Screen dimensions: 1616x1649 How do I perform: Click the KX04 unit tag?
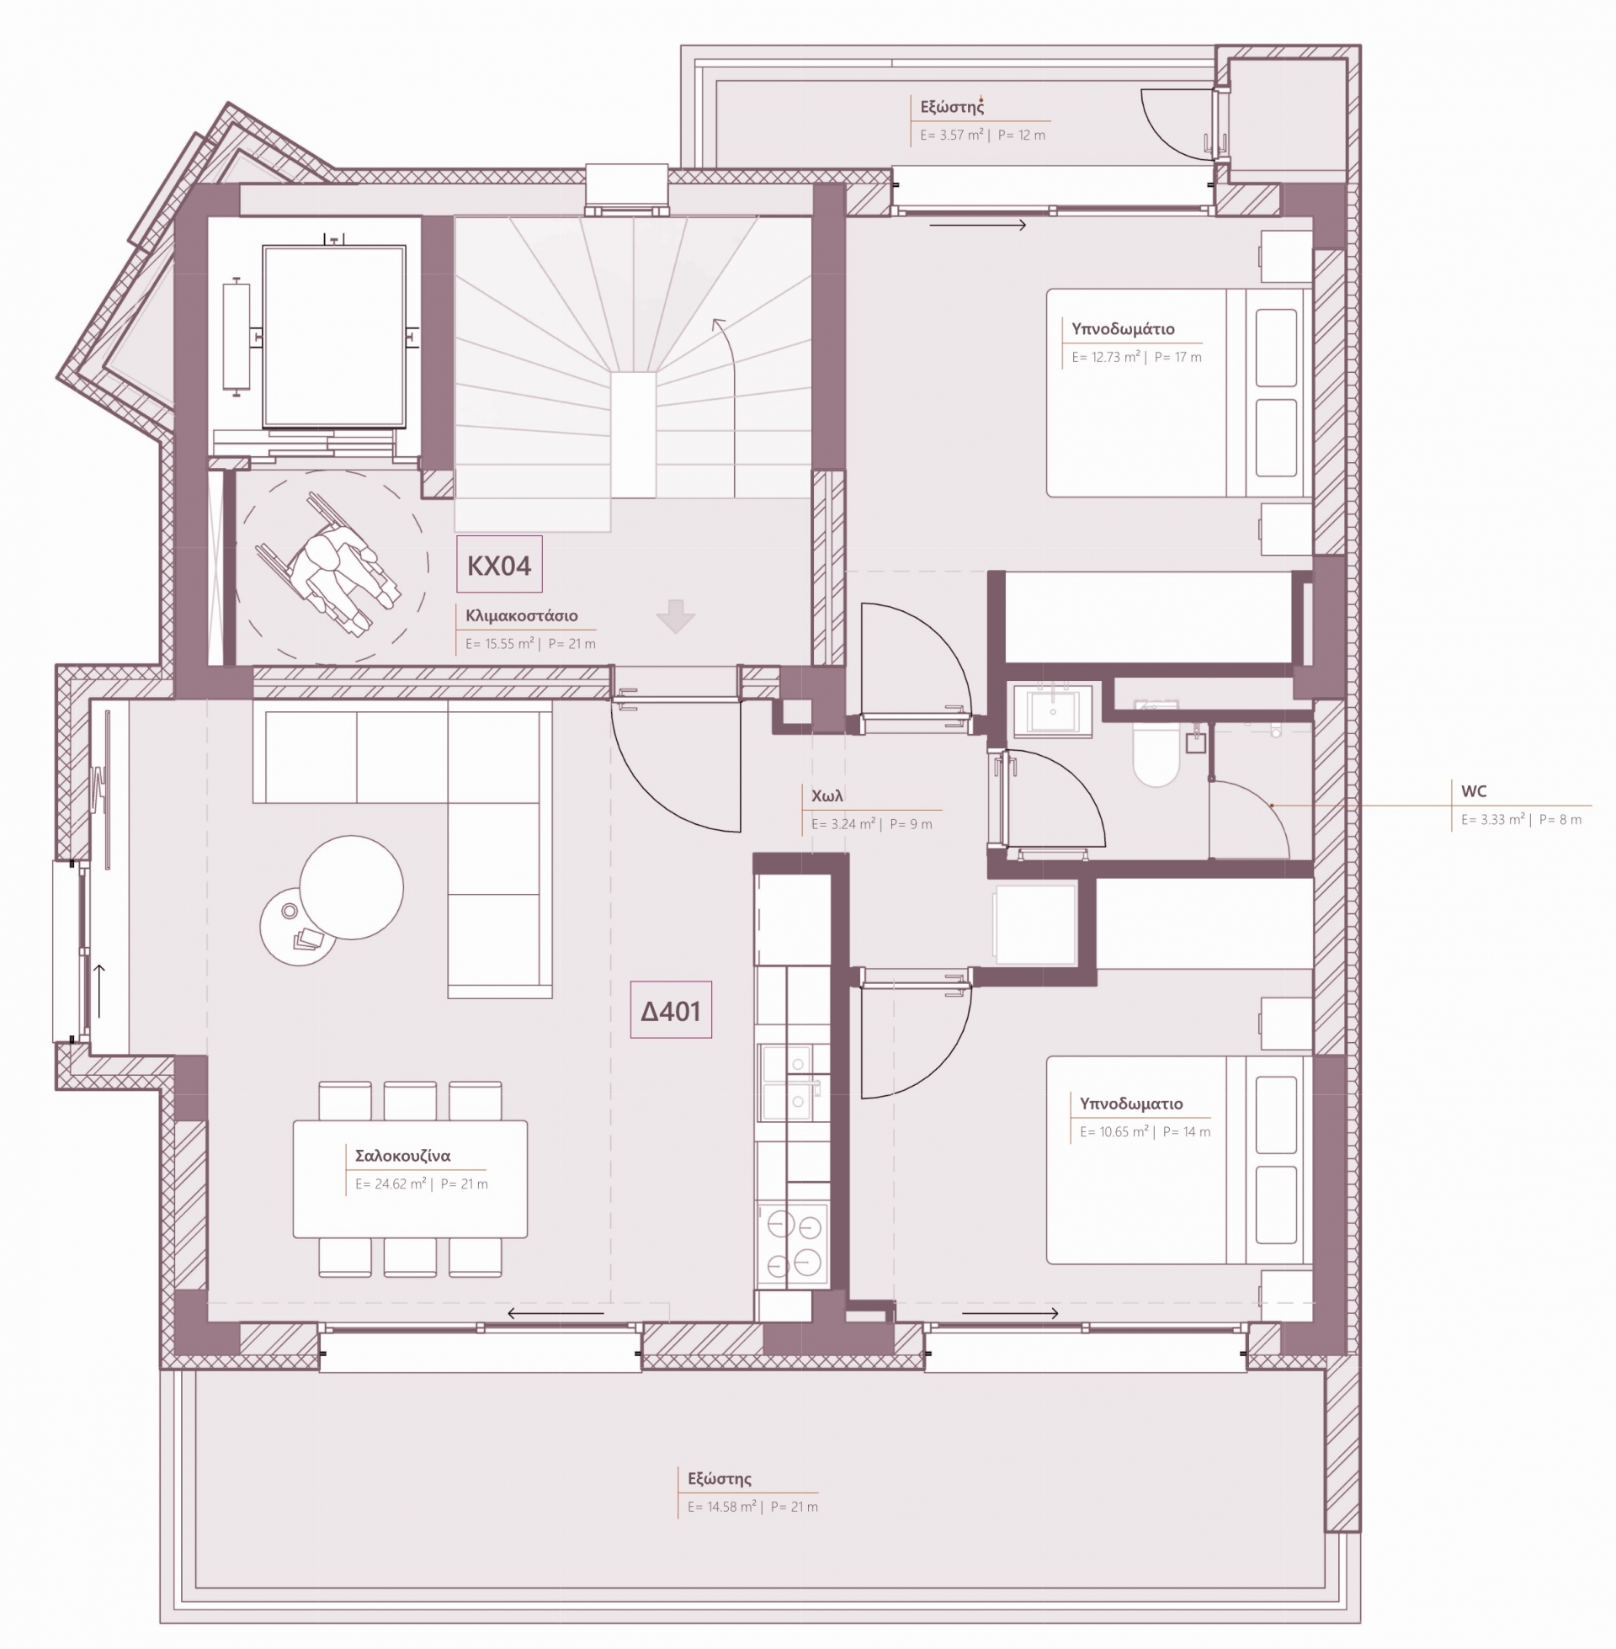pos(499,564)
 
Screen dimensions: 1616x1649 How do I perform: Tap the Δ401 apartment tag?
pos(671,1011)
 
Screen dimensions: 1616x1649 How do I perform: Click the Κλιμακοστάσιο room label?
pos(521,615)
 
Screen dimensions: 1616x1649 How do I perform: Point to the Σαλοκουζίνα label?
pos(402,1156)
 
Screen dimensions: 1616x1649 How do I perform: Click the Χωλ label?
pos(827,796)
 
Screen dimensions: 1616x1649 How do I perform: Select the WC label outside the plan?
pos(1474,791)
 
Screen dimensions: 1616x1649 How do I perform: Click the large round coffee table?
pos(351,888)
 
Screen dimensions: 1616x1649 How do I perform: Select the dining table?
pos(410,1178)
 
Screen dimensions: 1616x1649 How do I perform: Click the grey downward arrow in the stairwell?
pos(676,616)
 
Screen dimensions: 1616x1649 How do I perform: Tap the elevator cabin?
pos(333,336)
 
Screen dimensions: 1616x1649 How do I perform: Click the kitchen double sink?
pos(786,1081)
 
